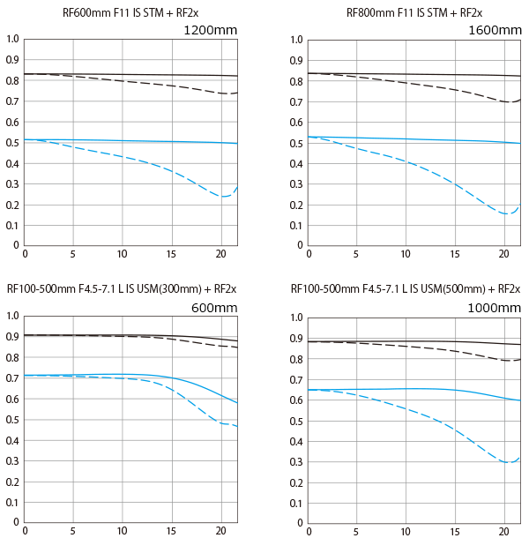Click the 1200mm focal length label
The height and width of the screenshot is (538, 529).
click(x=210, y=31)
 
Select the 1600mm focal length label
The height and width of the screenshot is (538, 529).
click(x=495, y=31)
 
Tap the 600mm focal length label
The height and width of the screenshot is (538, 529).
click(x=214, y=308)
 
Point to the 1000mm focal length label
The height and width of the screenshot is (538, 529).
click(x=495, y=308)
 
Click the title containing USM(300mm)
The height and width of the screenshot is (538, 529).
click(x=122, y=289)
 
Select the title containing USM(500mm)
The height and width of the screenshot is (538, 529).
click(x=406, y=289)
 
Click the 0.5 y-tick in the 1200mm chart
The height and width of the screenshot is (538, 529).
click(x=11, y=142)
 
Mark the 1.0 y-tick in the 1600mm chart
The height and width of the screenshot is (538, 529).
click(x=295, y=40)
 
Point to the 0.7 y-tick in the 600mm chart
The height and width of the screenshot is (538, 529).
click(x=11, y=378)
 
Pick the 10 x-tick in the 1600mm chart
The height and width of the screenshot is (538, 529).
click(x=406, y=254)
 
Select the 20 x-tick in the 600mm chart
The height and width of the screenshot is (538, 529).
click(x=219, y=531)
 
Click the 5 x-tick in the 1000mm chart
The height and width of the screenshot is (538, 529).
click(x=357, y=531)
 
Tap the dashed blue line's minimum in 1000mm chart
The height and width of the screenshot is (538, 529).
click(x=508, y=462)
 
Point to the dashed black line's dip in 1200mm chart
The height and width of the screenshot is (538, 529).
click(x=226, y=93)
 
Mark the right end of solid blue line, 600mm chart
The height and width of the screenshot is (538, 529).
click(x=237, y=403)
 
